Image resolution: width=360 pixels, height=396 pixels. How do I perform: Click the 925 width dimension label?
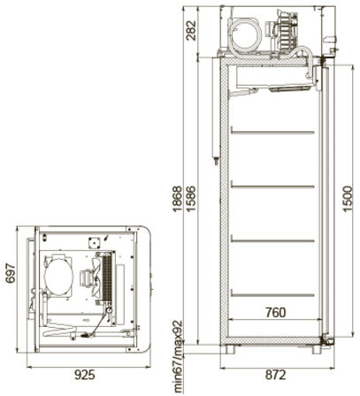pyautogui.click(x=85, y=375)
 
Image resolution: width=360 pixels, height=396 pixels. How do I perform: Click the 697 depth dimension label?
pyautogui.click(x=11, y=273)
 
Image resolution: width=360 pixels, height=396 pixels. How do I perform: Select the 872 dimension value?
pyautogui.click(x=276, y=375)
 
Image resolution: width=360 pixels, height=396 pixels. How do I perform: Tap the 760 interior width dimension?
pyautogui.click(x=275, y=313)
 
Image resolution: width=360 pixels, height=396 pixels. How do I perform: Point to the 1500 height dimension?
pyautogui.click(x=348, y=198)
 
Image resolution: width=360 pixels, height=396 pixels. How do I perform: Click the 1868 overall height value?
pyautogui.click(x=178, y=199)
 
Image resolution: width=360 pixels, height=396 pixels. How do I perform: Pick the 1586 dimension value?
pyautogui.click(x=191, y=199)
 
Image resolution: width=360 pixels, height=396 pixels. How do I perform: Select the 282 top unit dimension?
pyautogui.click(x=191, y=30)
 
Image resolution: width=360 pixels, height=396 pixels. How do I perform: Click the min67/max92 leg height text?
pyautogui.click(x=178, y=357)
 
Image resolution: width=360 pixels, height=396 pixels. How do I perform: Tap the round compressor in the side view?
pyautogui.click(x=244, y=34)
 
